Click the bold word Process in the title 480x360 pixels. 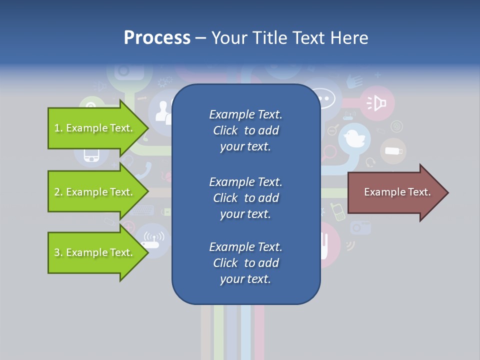pyautogui.click(x=157, y=38)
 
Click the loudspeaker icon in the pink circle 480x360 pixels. pyautogui.click(x=377, y=103)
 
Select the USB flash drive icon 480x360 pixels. pyautogui.click(x=393, y=150)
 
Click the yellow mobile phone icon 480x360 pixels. pyautogui.click(x=338, y=212)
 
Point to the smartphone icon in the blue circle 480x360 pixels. pyautogui.click(x=91, y=155)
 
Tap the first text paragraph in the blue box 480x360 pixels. pyautogui.click(x=245, y=130)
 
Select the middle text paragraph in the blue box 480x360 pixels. pyautogui.click(x=245, y=198)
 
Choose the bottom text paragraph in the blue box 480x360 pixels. pyautogui.click(x=245, y=263)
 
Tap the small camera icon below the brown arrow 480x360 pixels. pyautogui.click(x=360, y=227)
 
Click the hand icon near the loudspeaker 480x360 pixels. pyautogui.click(x=354, y=80)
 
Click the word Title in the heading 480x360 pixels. pyautogui.click(x=270, y=38)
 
